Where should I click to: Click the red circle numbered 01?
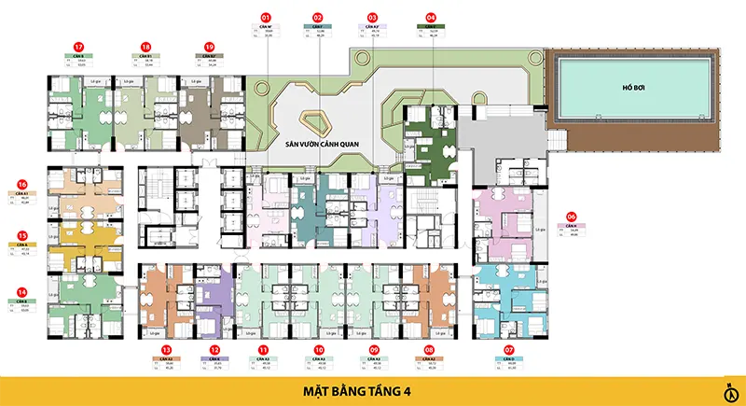(x=266, y=17)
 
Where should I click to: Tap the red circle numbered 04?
(x=431, y=17)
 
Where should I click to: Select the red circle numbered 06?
(x=572, y=217)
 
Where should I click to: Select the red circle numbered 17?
(x=79, y=46)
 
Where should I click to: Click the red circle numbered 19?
(x=209, y=46)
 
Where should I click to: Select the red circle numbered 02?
(x=318, y=17)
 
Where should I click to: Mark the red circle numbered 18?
(x=145, y=46)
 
